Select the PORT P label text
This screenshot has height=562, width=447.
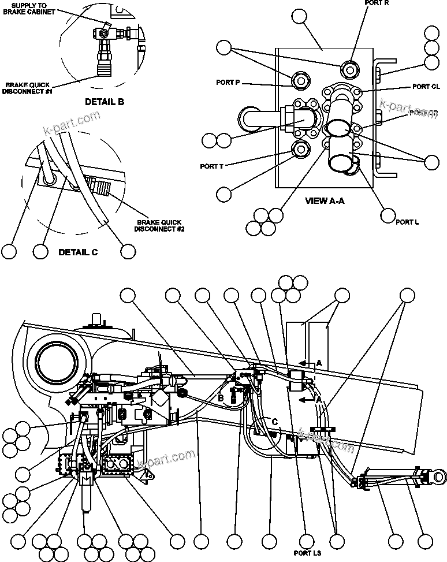[228, 83]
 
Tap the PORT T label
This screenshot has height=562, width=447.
[211, 166]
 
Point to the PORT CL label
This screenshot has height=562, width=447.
[426, 87]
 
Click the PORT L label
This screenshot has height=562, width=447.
[407, 221]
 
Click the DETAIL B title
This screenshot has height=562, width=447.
[105, 102]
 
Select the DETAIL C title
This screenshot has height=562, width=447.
[78, 252]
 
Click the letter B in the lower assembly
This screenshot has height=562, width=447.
[221, 397]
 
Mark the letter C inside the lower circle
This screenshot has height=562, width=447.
[275, 422]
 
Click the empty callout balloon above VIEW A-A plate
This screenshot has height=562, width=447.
[300, 17]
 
